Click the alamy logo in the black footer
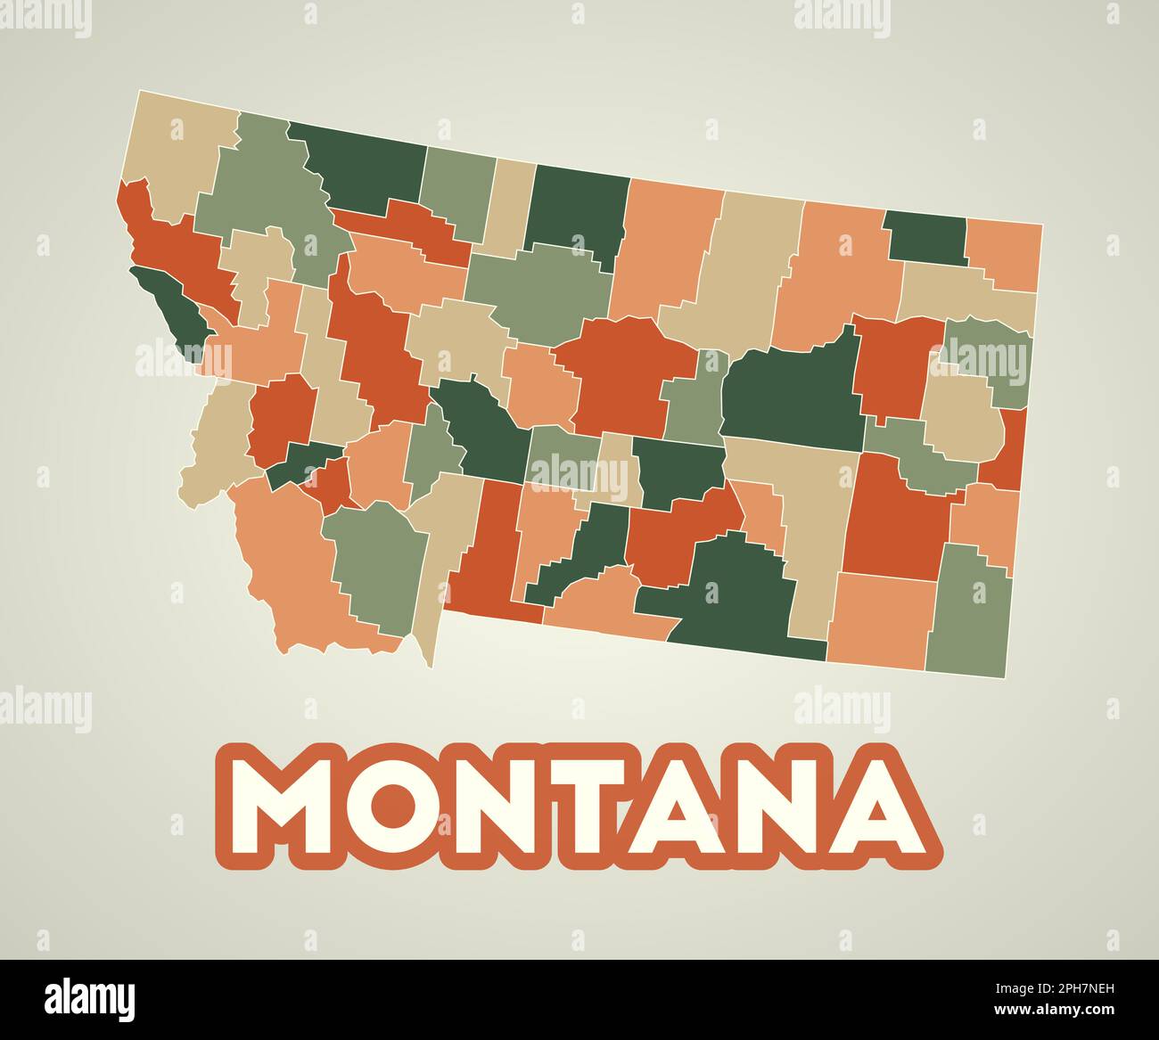90,998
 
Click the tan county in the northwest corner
178,151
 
